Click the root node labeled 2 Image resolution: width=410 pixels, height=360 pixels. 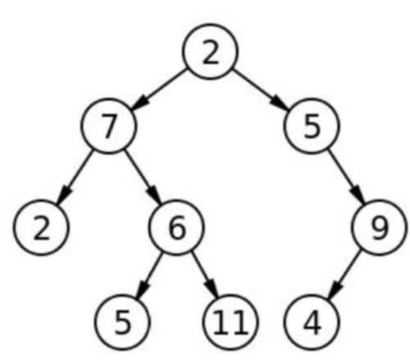[x=211, y=52]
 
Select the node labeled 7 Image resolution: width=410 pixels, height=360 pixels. [x=107, y=127]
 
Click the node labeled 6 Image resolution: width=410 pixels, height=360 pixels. [x=176, y=227]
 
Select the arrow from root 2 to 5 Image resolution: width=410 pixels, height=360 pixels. [x=262, y=89]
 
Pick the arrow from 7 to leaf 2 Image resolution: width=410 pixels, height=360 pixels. [x=74, y=177]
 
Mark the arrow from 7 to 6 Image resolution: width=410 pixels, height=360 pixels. [x=141, y=177]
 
